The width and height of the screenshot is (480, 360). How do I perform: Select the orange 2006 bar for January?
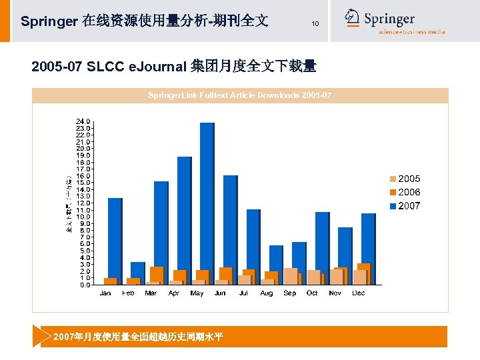pyautogui.click(x=110, y=281)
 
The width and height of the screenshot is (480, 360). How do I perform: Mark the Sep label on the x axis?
pyautogui.click(x=289, y=293)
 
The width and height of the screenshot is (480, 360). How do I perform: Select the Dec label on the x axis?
pyautogui.click(x=358, y=293)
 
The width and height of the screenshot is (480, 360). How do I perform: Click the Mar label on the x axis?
pyautogui.click(x=151, y=293)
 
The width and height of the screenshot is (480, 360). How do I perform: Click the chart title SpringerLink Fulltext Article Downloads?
pyautogui.click(x=239, y=96)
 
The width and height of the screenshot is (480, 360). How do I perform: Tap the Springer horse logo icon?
pyautogui.click(x=352, y=18)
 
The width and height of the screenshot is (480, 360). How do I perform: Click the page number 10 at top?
pyautogui.click(x=315, y=24)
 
